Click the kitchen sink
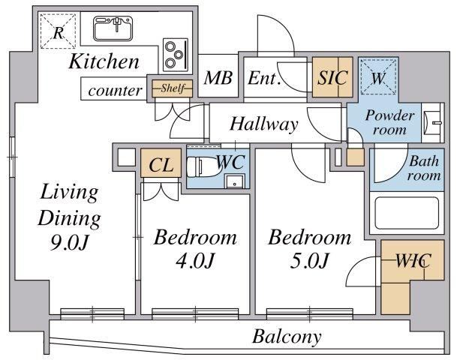tap(113, 28)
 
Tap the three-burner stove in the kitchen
tap(175, 55)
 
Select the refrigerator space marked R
tap(58, 31)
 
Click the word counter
tap(115, 90)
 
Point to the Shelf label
tap(173, 88)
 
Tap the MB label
tap(218, 78)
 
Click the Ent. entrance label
tap(264, 78)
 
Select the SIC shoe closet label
tap(332, 77)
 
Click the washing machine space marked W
tap(378, 76)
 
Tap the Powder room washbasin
tap(433, 122)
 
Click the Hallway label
tap(263, 124)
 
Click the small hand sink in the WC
tap(234, 181)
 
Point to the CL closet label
tap(161, 165)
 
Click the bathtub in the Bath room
tap(407, 212)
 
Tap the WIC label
tap(413, 260)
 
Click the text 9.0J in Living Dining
tap(69, 242)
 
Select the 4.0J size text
tap(194, 260)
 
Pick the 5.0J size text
tap(309, 260)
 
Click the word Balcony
tap(287, 337)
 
